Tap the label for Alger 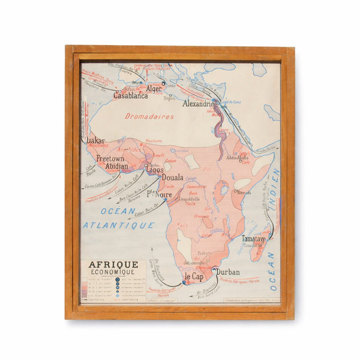click(154, 89)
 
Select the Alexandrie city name click(199, 103)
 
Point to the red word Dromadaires click(149, 116)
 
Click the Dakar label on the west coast click(95, 141)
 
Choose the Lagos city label click(154, 170)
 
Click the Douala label click(172, 178)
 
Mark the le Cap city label click(194, 277)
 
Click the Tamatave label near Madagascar click(254, 238)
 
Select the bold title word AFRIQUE click(113, 265)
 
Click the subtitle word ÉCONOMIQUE click(113, 272)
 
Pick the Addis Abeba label click(236, 157)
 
